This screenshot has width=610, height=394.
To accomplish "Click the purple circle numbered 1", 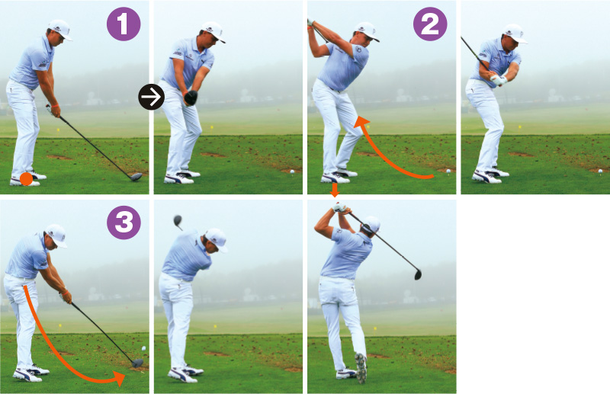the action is point(124,24).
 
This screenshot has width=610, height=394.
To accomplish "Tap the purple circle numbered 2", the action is point(430,24).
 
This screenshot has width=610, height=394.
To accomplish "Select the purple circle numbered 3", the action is point(124,223).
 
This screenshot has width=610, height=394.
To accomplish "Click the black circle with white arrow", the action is point(151,97).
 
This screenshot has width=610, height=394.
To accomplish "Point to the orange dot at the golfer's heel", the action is point(26,179).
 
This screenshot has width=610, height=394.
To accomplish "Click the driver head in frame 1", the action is point(136,177).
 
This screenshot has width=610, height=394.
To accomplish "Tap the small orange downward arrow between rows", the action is point(334,190).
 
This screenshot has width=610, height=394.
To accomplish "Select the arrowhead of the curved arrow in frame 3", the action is point(119,378).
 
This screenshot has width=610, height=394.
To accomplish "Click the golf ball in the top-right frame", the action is point(600,171).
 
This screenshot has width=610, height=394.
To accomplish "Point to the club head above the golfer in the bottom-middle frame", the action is point(178,221).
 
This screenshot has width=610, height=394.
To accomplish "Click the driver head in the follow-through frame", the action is point(418,274).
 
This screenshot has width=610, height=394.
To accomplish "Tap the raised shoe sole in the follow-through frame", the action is point(361,367).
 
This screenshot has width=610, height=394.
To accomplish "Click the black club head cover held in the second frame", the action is point(191,98).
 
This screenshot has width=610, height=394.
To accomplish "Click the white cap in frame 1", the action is point(60,29).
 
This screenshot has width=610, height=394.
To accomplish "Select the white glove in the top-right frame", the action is point(499,80).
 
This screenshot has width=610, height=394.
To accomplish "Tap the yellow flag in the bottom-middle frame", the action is point(215,326).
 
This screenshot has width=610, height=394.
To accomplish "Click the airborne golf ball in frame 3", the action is point(143,348).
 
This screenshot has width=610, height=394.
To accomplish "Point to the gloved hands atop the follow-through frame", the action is point(339,207).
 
